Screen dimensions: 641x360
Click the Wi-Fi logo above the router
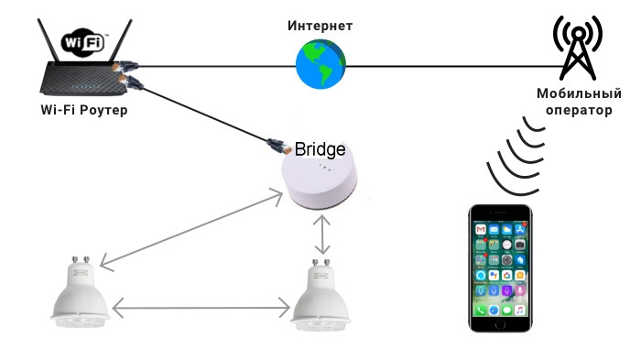point(84,42)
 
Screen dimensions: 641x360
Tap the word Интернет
point(320,26)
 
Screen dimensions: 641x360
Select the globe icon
point(320,63)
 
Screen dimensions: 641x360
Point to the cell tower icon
point(578,48)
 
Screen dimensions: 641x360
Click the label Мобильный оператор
point(579,102)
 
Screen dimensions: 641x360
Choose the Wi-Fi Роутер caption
point(84,110)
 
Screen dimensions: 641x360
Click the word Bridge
point(320,149)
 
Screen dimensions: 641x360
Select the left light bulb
point(81,291)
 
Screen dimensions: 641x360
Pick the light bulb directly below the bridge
point(320,295)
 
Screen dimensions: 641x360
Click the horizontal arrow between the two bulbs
point(201,308)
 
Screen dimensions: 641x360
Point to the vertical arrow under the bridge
point(322,235)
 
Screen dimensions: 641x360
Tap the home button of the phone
point(500,325)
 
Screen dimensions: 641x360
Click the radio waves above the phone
point(516,156)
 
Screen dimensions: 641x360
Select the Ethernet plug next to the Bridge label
point(279,147)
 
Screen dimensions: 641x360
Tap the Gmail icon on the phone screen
point(481,230)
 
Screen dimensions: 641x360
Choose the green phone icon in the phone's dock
point(481,311)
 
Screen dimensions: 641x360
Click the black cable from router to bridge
point(203,114)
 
